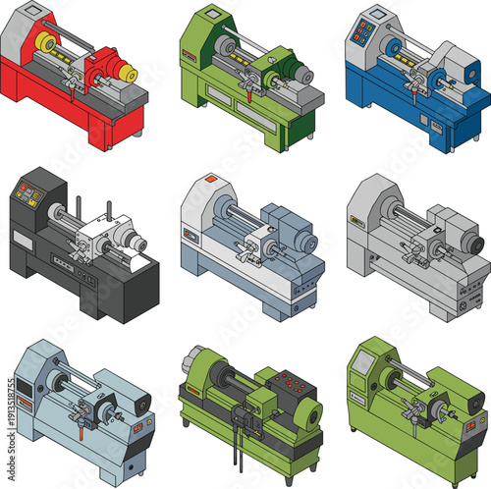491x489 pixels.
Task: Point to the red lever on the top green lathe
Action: coord(252,96)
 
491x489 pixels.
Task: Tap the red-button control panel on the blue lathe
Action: coord(362,33)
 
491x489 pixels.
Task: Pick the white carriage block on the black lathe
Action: coord(99,236)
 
